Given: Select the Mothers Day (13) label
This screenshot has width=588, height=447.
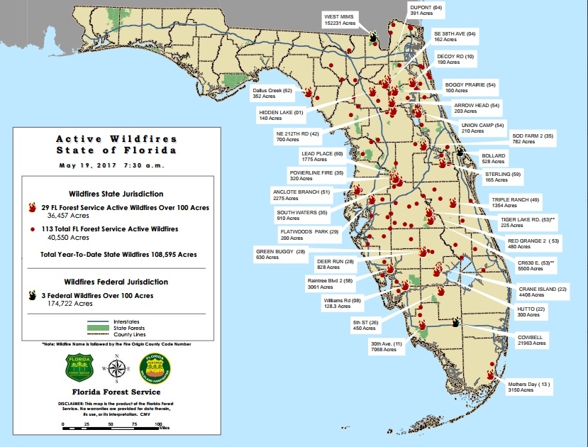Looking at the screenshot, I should (528, 387).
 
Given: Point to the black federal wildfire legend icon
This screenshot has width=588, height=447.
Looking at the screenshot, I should (32, 295).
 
